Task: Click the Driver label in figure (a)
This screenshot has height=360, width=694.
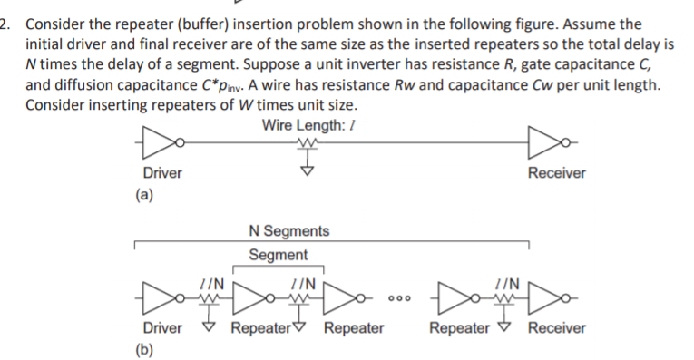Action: pos(162,172)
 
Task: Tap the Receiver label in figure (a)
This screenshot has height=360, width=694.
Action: pos(557,172)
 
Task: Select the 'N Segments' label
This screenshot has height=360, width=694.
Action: pos(288,231)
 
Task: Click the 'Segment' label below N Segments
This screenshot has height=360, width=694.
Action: pos(279,255)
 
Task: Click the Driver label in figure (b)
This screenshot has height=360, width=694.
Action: pos(162,327)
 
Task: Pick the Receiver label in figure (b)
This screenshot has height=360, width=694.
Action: pos(557,327)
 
